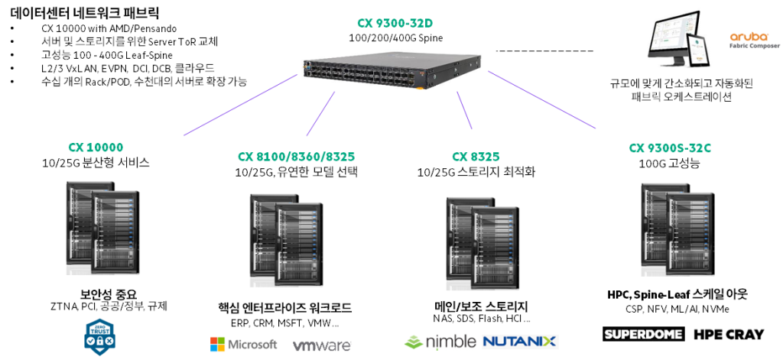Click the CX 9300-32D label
[x=395, y=23]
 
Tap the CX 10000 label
[x=96, y=148]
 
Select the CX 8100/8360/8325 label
[x=296, y=157]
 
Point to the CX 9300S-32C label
[x=670, y=148]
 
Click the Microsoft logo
[x=243, y=345]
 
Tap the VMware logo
[x=322, y=346]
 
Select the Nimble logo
[x=440, y=342]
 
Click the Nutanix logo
[x=521, y=342]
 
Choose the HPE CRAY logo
[x=729, y=334]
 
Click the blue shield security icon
[x=100, y=336]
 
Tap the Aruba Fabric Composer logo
[x=749, y=40]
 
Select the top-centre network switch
[x=391, y=70]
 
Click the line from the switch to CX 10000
[x=240, y=105]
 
